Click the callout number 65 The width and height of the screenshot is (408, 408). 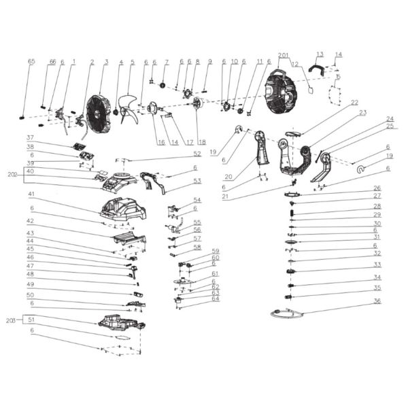31,62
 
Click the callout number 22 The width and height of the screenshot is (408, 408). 354,103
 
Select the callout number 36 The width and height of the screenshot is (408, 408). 377,301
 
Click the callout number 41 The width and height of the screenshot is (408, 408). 31,194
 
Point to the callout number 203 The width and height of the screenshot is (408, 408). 11,319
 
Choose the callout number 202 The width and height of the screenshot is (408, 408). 12,175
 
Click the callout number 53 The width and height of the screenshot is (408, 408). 197,181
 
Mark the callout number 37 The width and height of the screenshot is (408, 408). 31,137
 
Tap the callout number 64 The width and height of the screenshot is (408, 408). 216,298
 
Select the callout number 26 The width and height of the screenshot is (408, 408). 377,188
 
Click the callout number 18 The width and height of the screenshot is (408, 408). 203,142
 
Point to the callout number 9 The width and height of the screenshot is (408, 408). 210,62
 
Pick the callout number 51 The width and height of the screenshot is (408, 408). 31,319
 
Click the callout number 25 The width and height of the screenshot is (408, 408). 390,126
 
